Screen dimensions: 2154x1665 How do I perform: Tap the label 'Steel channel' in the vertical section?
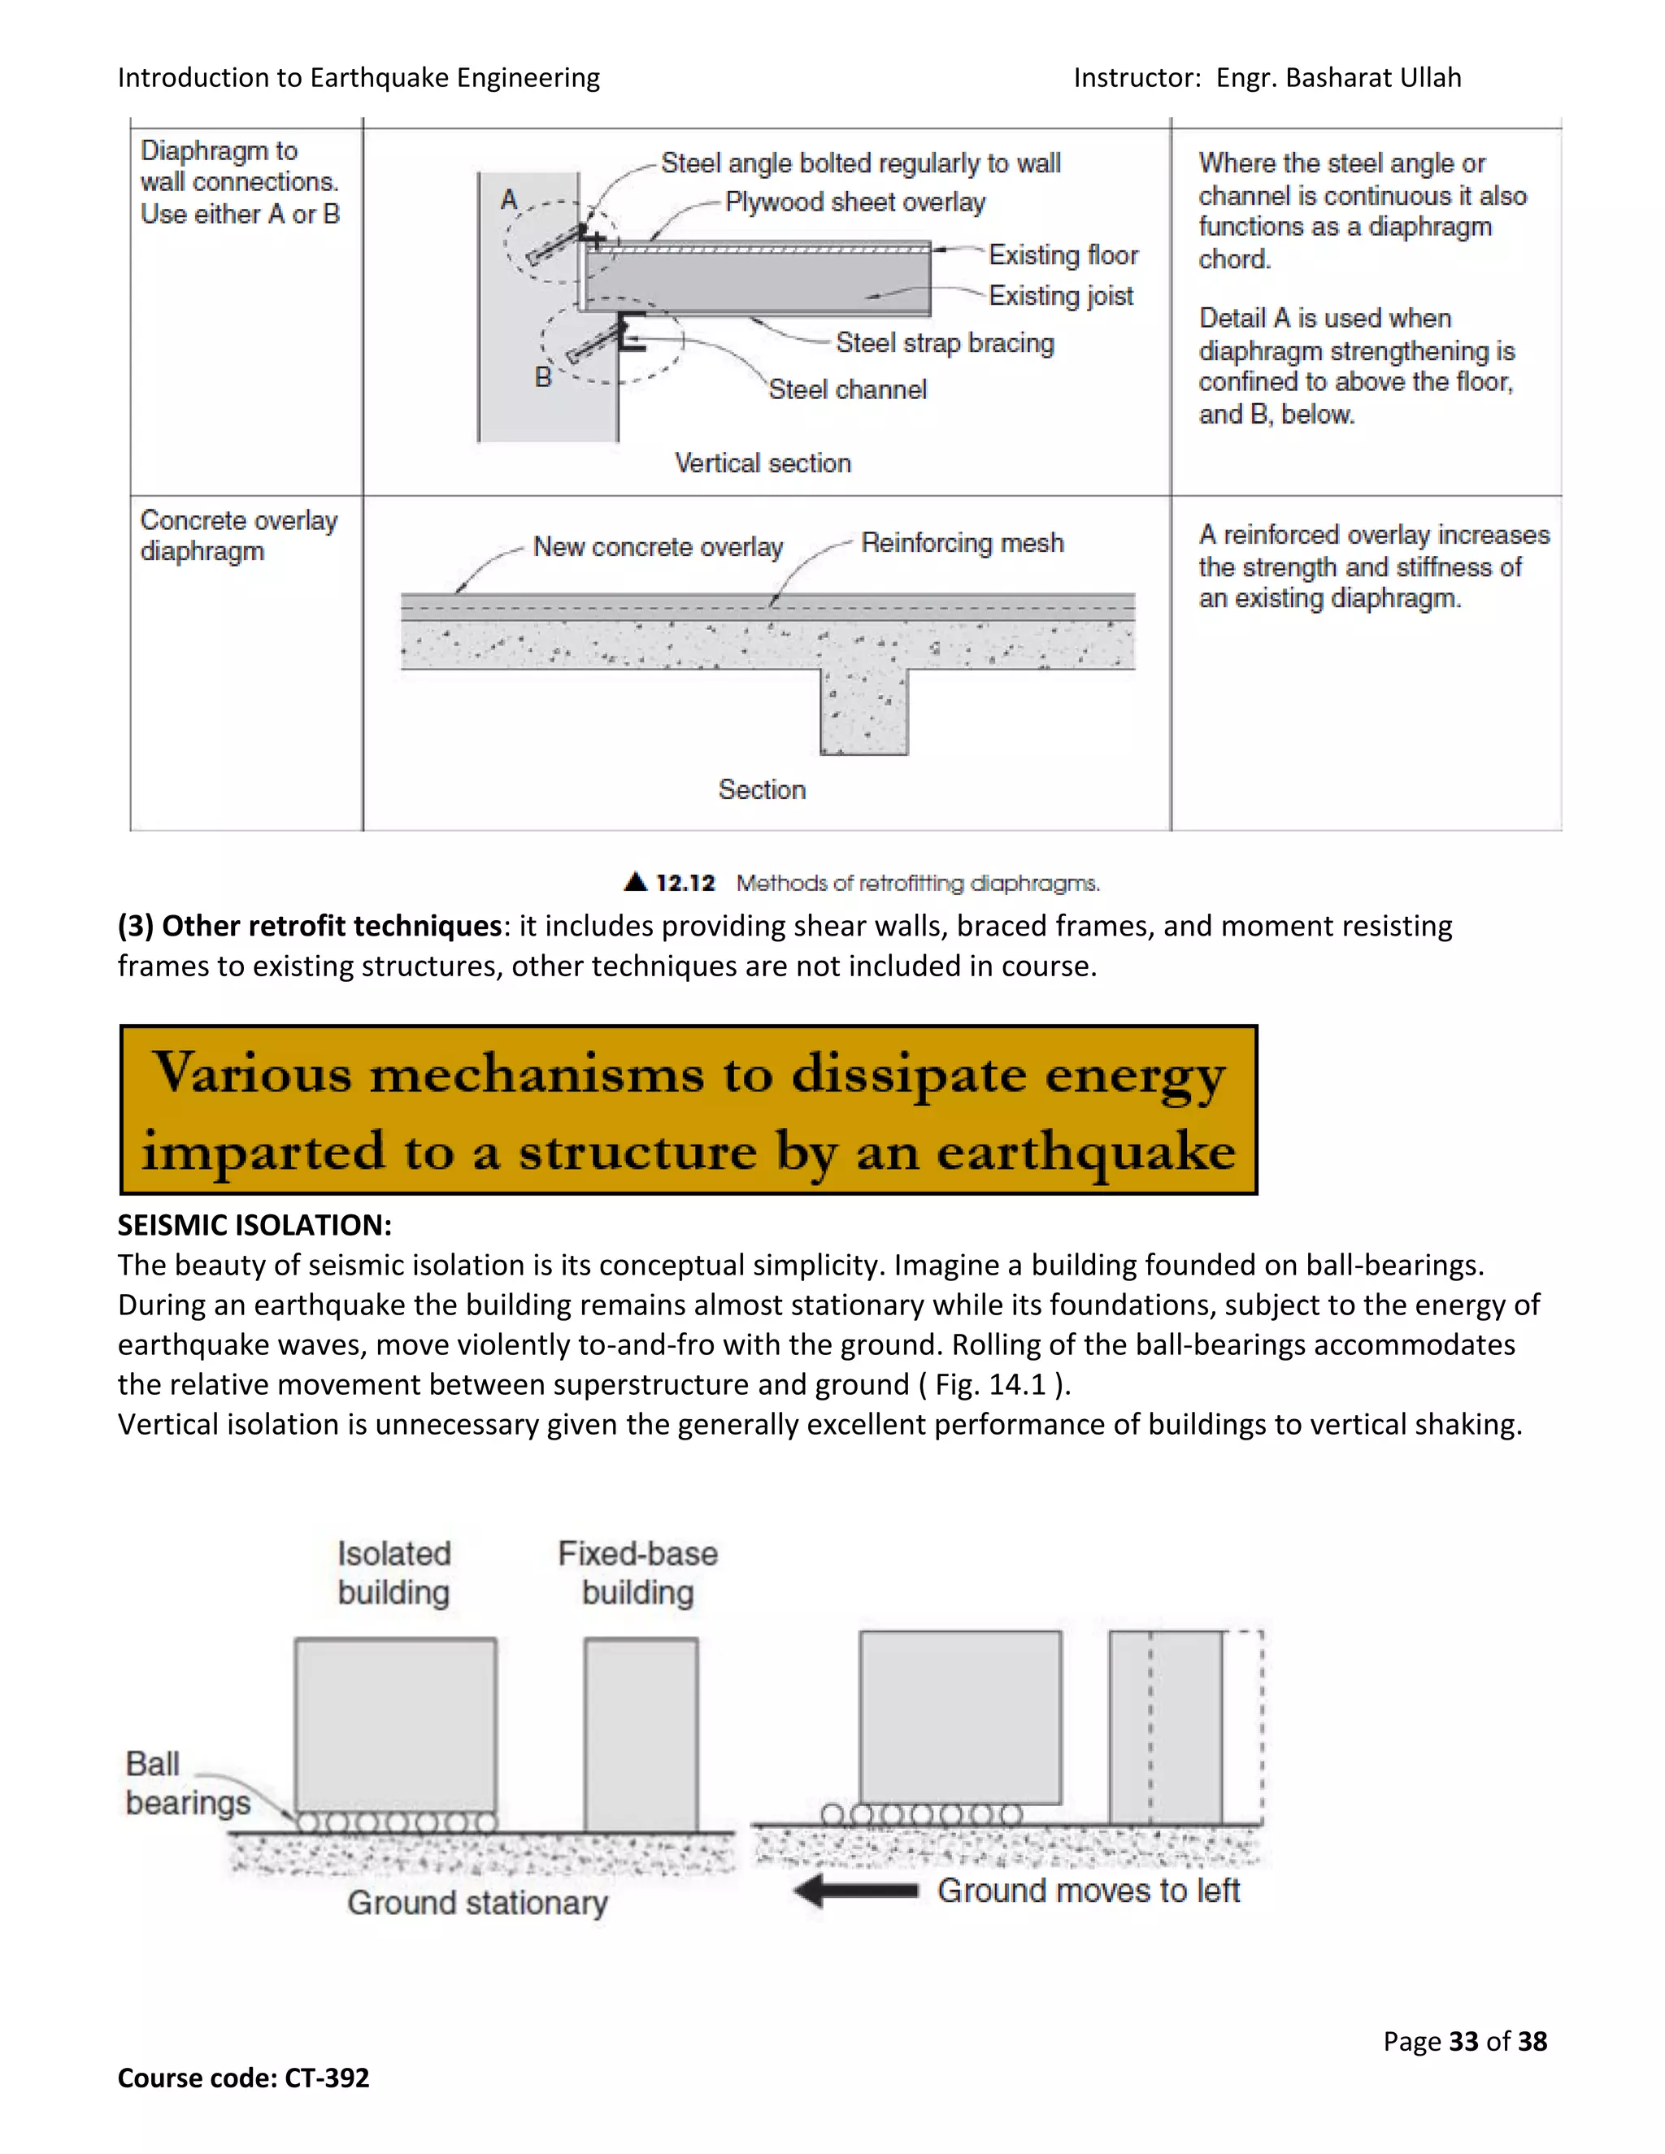click(x=847, y=389)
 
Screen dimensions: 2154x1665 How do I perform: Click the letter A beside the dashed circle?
click(x=509, y=200)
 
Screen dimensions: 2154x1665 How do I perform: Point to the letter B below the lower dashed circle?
click(x=542, y=377)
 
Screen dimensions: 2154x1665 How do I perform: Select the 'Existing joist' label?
click(x=1060, y=296)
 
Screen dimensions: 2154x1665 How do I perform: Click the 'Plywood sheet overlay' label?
click(x=855, y=202)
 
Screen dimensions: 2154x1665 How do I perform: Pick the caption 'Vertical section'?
click(x=763, y=463)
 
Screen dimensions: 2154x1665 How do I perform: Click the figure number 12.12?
click(x=685, y=883)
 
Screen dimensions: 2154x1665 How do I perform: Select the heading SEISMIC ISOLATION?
click(x=254, y=1225)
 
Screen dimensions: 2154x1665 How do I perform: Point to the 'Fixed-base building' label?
click(x=637, y=1573)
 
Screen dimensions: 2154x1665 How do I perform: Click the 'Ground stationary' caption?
click(x=476, y=1903)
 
